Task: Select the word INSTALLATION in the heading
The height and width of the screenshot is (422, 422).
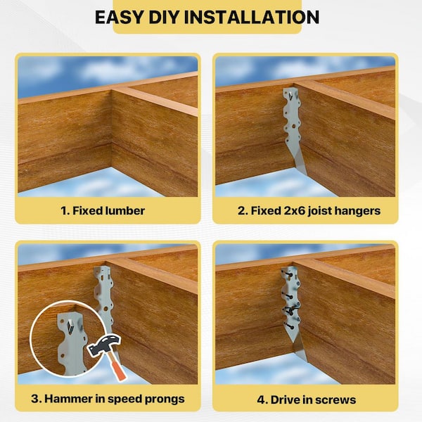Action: point(251,17)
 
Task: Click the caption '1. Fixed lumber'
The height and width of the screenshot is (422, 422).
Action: point(103,211)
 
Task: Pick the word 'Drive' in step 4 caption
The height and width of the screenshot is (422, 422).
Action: point(286,399)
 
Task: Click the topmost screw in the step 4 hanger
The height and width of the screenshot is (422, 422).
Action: point(288,274)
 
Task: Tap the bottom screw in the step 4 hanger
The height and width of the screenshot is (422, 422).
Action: point(289,326)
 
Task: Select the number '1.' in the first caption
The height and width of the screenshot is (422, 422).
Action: point(65,211)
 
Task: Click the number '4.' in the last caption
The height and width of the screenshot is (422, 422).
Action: point(262,400)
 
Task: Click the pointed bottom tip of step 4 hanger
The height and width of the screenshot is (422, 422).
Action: point(306,361)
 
